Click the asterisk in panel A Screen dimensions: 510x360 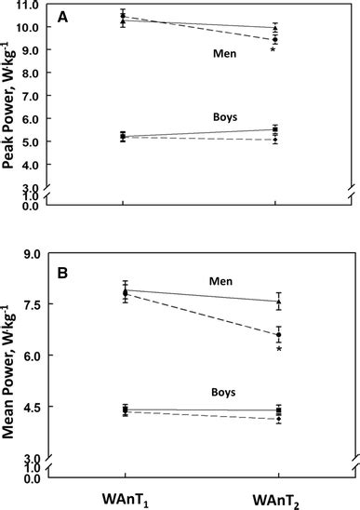pyautogui.click(x=273, y=51)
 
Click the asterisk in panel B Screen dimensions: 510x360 pyautogui.click(x=278, y=350)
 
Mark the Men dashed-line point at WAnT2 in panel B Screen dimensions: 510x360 pyautogui.click(x=276, y=335)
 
